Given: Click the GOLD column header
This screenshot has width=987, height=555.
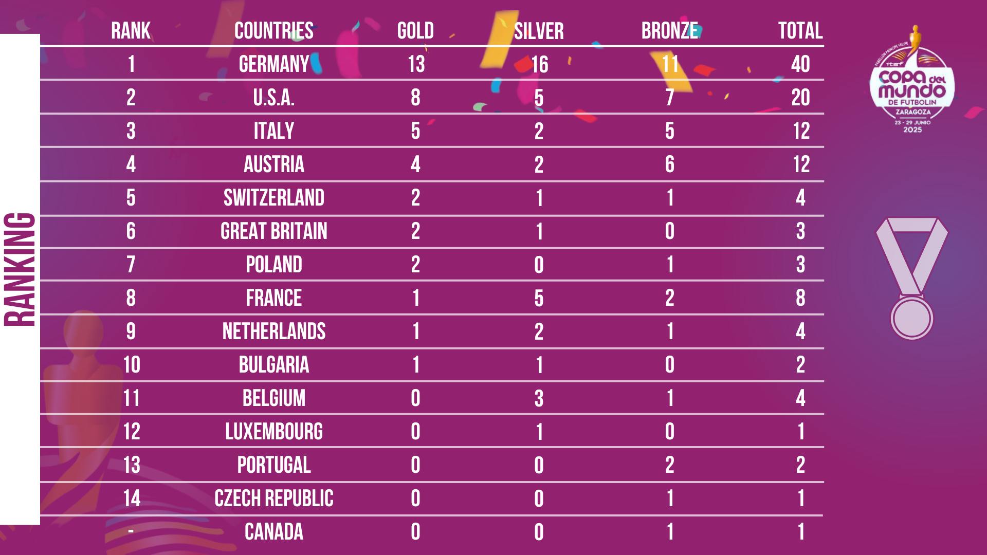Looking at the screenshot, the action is click(x=415, y=31).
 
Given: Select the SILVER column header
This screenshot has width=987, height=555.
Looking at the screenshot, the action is click(x=539, y=31).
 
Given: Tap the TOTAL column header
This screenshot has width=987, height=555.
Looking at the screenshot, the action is click(x=800, y=31).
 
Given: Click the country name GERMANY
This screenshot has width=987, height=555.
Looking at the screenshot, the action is click(x=274, y=64).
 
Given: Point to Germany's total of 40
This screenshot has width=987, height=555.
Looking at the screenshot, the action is click(x=800, y=64).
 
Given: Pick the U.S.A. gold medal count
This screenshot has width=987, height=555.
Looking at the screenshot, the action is click(x=415, y=98).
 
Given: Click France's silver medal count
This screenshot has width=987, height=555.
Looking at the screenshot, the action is click(x=539, y=298).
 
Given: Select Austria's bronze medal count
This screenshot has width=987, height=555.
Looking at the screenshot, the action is click(x=669, y=164).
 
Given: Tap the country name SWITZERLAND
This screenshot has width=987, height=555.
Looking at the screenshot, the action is click(x=274, y=198).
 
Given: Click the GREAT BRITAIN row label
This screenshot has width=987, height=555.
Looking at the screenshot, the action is click(x=274, y=231).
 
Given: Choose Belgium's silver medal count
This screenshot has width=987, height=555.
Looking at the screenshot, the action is click(x=539, y=398).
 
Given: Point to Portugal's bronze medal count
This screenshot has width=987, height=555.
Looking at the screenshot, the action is click(x=669, y=465).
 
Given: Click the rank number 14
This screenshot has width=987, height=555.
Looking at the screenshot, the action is click(x=132, y=498).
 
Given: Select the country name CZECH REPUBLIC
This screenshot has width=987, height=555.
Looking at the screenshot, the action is click(x=274, y=498).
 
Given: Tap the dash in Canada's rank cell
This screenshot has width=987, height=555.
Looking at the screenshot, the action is click(x=131, y=531).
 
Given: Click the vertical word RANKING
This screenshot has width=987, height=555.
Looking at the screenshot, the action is click(x=20, y=270).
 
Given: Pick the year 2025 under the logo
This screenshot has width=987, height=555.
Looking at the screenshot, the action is click(x=912, y=129).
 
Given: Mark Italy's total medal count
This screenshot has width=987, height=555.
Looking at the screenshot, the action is click(x=801, y=131).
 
